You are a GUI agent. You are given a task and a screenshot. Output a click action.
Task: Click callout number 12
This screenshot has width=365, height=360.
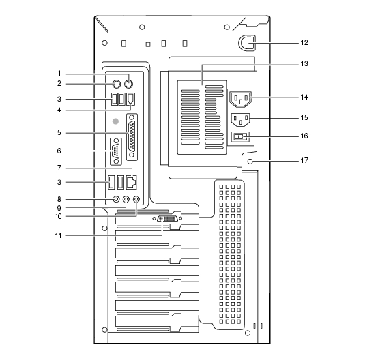coord(304,42)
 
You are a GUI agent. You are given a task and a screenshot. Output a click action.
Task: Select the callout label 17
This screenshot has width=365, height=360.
coord(304,160)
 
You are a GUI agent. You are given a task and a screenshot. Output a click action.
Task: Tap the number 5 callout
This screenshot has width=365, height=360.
coord(59,133)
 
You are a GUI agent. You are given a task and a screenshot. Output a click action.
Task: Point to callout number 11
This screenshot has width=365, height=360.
coord(59,235)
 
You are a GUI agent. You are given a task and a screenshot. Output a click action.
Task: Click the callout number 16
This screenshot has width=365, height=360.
coord(304,136)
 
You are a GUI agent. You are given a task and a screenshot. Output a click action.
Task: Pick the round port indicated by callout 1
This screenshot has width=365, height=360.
coord(128,84)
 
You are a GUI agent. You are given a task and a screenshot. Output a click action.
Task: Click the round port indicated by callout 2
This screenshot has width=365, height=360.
coord(117,84)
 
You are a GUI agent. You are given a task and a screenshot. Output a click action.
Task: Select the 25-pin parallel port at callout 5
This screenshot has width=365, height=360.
coord(132,137)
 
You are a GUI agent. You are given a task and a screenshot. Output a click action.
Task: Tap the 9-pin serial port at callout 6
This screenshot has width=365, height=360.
coord(116,151)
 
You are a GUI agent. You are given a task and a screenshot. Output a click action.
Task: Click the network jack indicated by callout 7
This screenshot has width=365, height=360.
coord(131,182)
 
